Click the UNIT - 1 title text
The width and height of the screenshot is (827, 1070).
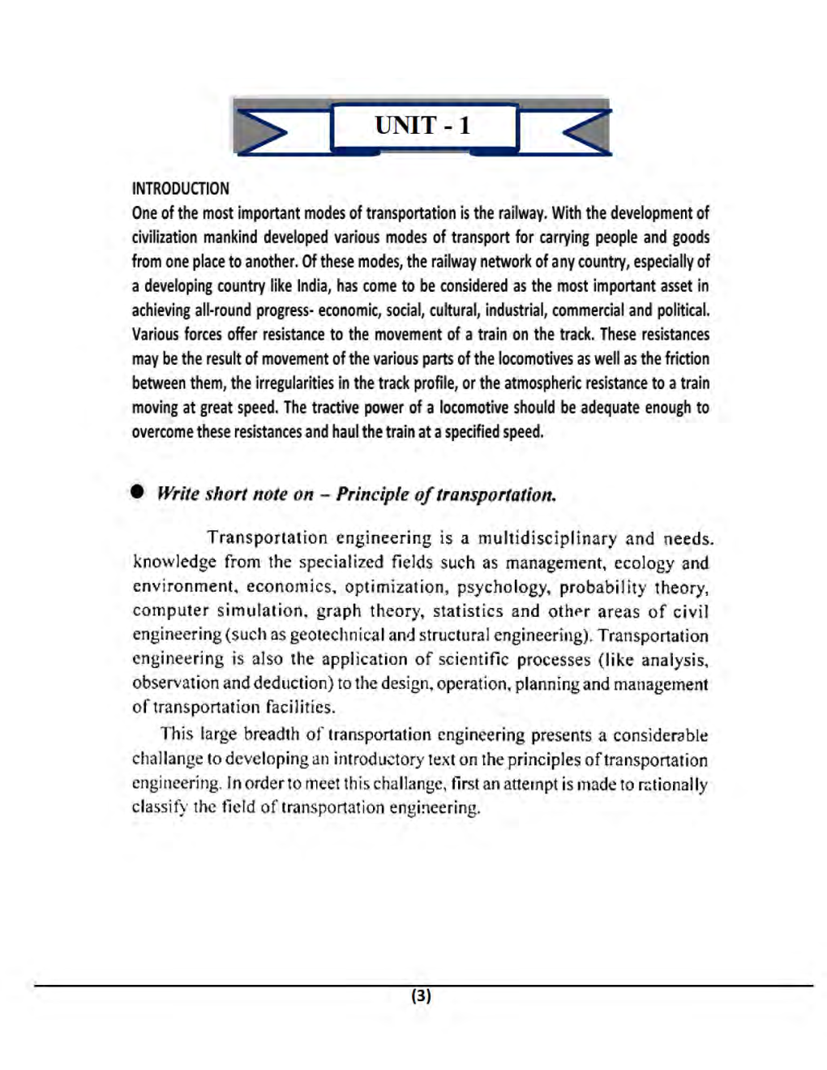(422, 126)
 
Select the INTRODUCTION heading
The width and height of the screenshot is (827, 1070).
(180, 189)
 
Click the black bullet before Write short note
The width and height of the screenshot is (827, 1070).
(138, 492)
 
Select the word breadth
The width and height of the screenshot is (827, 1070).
(272, 735)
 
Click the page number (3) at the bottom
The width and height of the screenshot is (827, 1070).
(421, 996)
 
